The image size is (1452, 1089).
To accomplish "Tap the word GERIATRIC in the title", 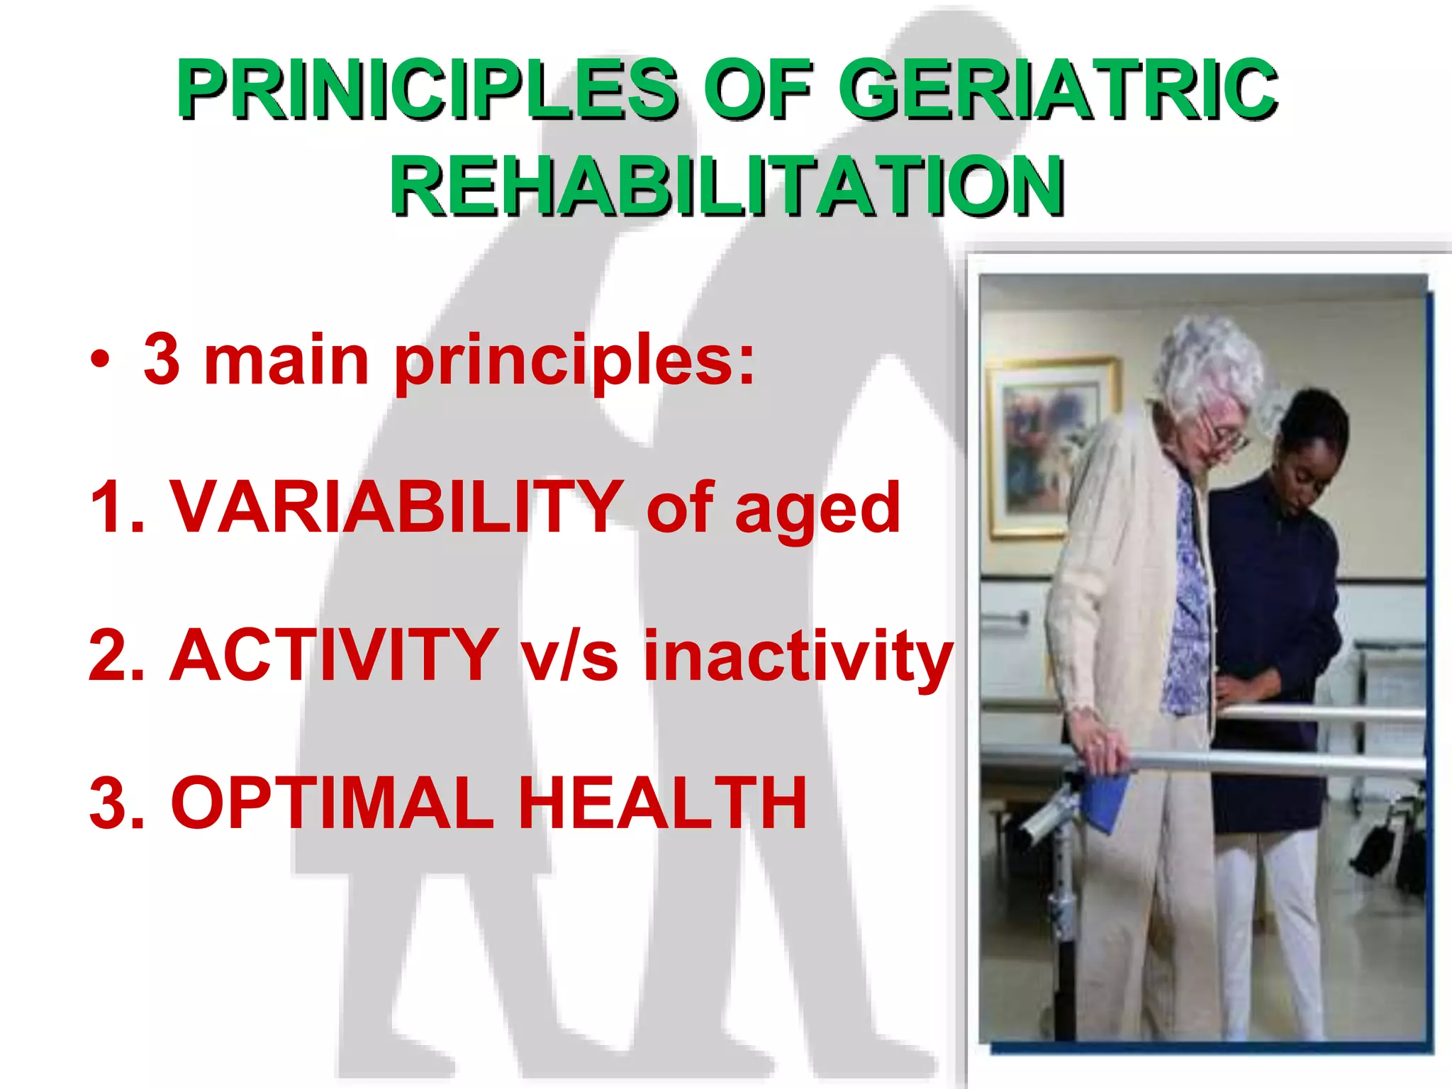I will coord(1058,89).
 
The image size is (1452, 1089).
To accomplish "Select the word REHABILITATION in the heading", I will coord(726,186).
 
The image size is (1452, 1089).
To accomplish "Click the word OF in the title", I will coord(757,89).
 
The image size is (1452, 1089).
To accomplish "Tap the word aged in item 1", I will coord(817,509).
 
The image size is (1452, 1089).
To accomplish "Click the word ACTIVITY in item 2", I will coord(334,655).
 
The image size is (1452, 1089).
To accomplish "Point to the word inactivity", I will coord(797,657).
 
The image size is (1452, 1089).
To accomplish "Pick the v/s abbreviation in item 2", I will coord(570,657).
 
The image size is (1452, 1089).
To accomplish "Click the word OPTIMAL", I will coord(333,803).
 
